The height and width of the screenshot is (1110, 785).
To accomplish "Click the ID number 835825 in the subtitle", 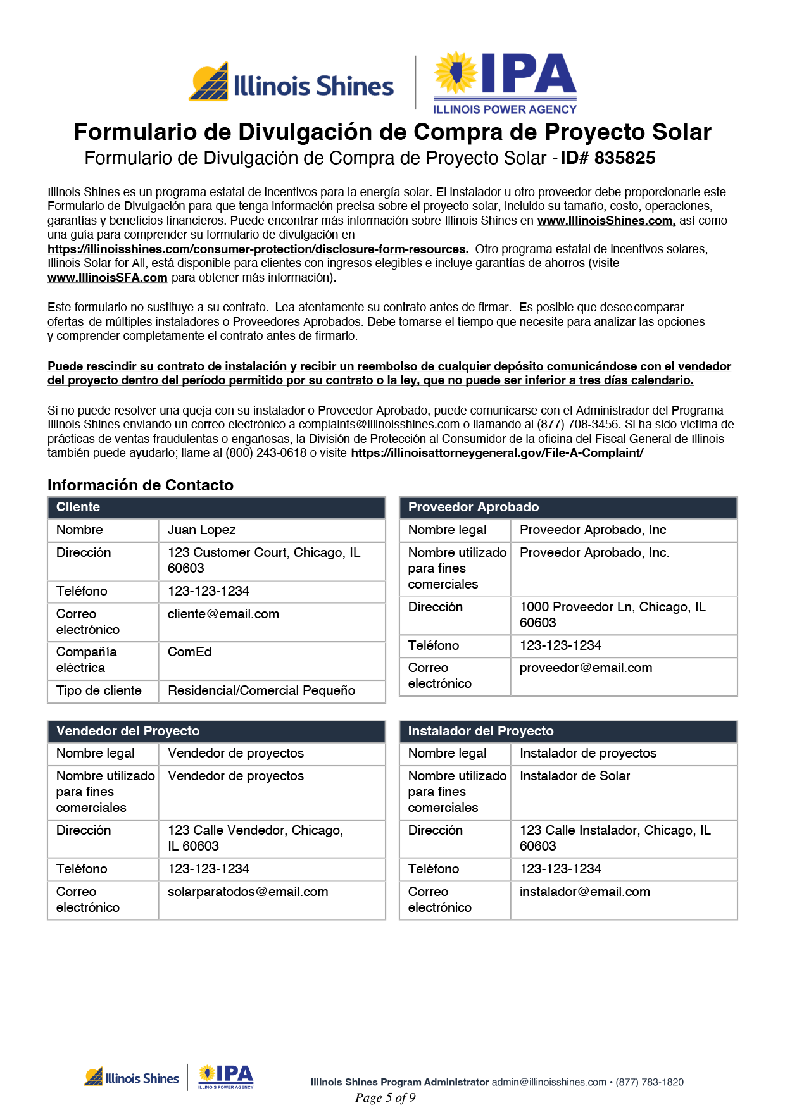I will (624, 158).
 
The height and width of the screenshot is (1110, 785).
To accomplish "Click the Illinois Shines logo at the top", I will (291, 84).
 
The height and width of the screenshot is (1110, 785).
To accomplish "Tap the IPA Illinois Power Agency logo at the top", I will (505, 83).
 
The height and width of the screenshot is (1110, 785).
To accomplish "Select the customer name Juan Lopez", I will (201, 530).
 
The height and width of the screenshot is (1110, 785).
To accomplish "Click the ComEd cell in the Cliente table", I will (189, 652).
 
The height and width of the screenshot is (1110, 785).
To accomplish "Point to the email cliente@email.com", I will (223, 614).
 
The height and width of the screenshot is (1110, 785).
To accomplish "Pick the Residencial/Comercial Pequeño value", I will (261, 691).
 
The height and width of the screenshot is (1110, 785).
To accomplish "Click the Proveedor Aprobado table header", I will (474, 508).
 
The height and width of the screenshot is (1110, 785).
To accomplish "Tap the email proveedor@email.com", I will (586, 668).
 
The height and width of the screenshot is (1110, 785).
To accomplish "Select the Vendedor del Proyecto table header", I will (128, 732).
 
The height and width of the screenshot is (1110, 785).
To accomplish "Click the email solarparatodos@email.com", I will (248, 892).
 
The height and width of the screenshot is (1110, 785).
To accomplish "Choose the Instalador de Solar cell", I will (575, 776).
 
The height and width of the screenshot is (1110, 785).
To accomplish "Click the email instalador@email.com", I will (584, 892).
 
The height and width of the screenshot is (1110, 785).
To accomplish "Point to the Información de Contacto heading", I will (141, 485).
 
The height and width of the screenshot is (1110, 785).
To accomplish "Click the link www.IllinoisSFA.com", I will (108, 278).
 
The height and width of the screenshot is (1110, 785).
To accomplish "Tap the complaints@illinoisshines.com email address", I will (379, 425).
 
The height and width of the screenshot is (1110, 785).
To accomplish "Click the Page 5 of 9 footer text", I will (385, 1098).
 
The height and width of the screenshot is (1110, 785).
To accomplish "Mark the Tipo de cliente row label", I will (99, 691).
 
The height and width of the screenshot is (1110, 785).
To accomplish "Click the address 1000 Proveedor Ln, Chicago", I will (612, 608).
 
